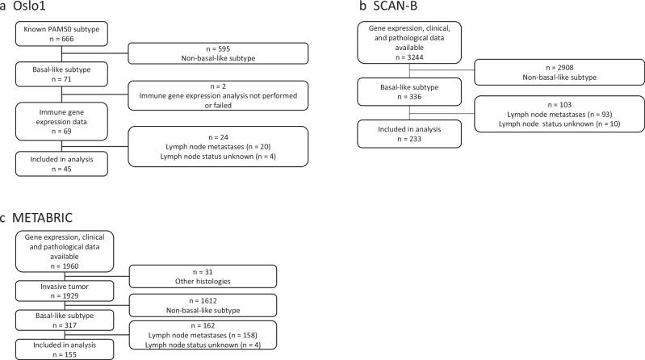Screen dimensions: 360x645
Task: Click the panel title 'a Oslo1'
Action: click(x=31, y=8)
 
